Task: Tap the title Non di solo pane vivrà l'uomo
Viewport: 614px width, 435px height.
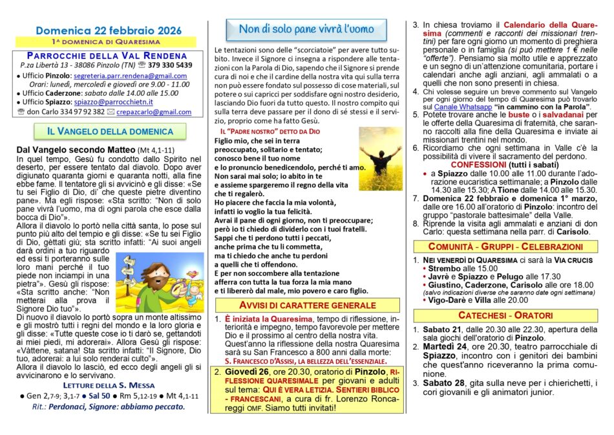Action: (x=306, y=29)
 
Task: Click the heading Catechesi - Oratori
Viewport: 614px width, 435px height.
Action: (x=505, y=315)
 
